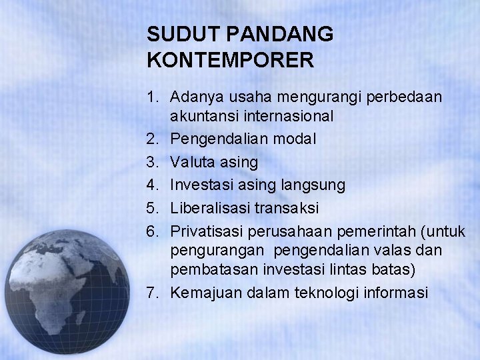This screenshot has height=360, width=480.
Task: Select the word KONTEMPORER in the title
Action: coord(229,61)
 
